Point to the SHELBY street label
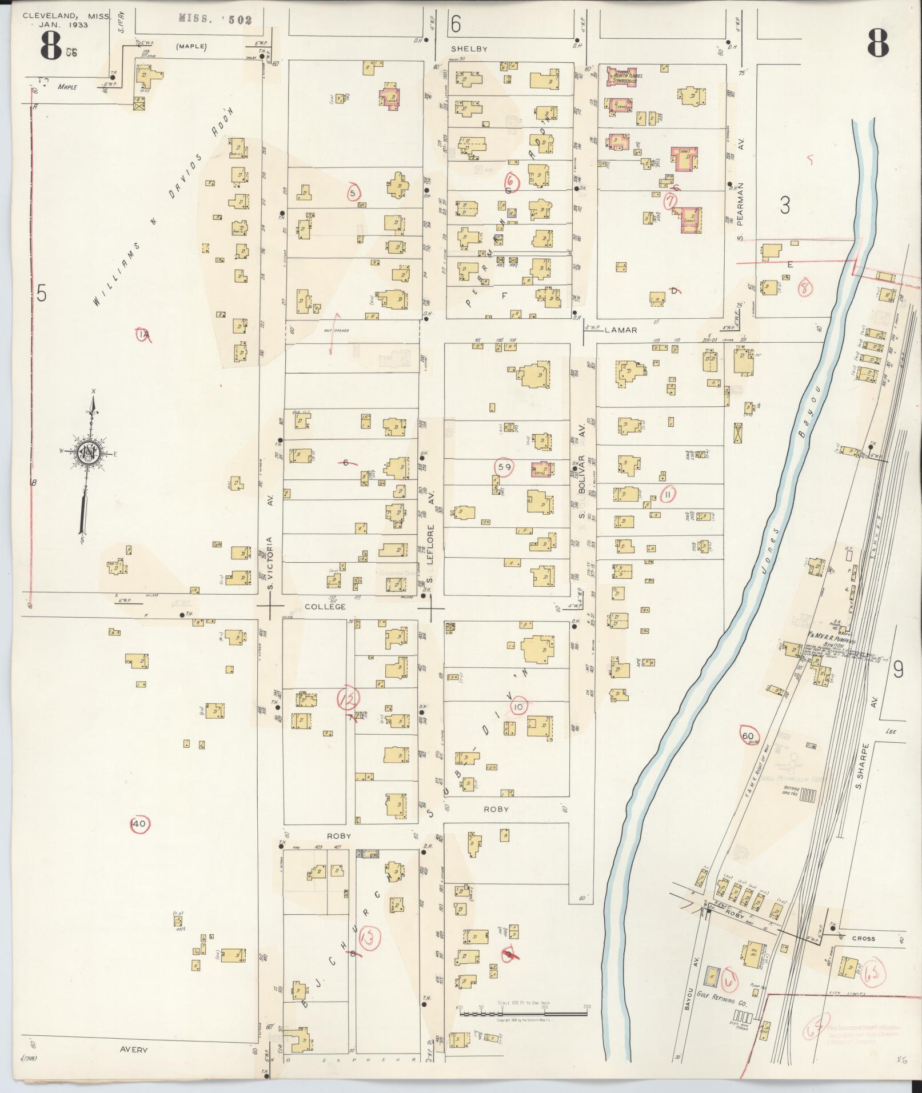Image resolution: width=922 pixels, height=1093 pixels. click(x=469, y=49)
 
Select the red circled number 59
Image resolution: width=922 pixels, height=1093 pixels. click(x=505, y=467)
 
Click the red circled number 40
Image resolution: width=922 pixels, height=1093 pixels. click(x=139, y=824)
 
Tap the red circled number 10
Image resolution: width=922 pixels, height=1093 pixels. click(x=518, y=707)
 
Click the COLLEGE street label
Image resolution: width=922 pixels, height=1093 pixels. click(x=325, y=606)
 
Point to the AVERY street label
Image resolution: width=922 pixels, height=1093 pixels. click(x=134, y=1050)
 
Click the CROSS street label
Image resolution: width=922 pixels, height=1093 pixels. click(x=863, y=939)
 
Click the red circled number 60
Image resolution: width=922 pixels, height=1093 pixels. click(x=748, y=736)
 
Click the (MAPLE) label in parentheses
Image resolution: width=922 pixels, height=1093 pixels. click(x=191, y=47)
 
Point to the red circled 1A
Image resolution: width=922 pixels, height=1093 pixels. click(x=143, y=334)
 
